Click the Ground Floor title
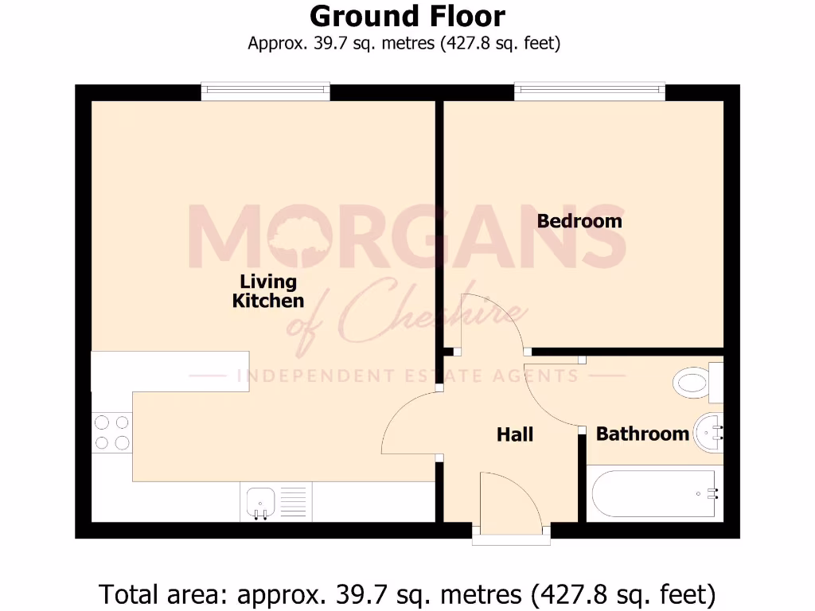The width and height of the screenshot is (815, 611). pyautogui.click(x=407, y=16)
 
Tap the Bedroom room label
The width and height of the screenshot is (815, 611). pyautogui.click(x=579, y=220)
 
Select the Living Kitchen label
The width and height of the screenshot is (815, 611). pyautogui.click(x=268, y=291)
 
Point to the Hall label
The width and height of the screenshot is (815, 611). pyautogui.click(x=515, y=434)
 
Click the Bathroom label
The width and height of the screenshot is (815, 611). pyautogui.click(x=642, y=434)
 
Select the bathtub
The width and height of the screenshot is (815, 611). pyautogui.click(x=655, y=493)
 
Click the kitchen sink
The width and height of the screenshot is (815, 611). pyautogui.click(x=260, y=502)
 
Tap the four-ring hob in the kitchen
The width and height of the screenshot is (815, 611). pyautogui.click(x=111, y=433)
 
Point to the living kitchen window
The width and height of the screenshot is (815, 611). pyautogui.click(x=265, y=91)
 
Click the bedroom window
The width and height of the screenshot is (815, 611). pyautogui.click(x=589, y=91)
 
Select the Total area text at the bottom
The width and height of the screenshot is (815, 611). pyautogui.click(x=407, y=593)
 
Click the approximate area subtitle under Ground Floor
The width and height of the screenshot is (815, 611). pyautogui.click(x=404, y=43)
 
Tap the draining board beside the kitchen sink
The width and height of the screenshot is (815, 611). pyautogui.click(x=294, y=502)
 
